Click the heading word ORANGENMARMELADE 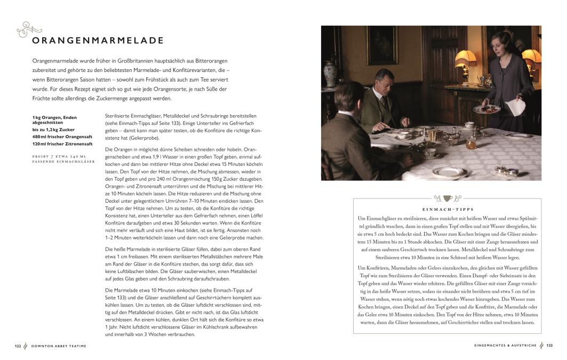(x=98, y=41)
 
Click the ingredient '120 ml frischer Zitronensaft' (x=62, y=144)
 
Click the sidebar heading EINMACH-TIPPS (x=448, y=210)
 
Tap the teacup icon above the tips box (x=448, y=198)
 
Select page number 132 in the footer (x=18, y=346)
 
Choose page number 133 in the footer (x=549, y=346)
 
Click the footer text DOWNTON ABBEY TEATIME (x=58, y=346)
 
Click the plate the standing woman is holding (x=486, y=109)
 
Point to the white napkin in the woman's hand (x=515, y=107)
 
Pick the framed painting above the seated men (x=381, y=45)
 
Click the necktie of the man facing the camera (x=384, y=100)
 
